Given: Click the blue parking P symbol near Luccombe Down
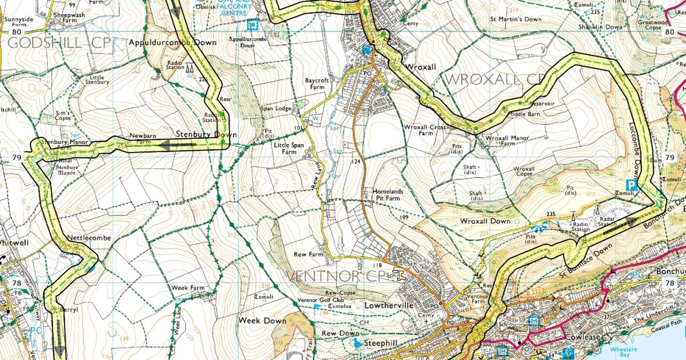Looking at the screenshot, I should point(631,185).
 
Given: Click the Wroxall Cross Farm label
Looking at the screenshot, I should point(424,130).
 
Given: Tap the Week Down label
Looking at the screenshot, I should point(262,321).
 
